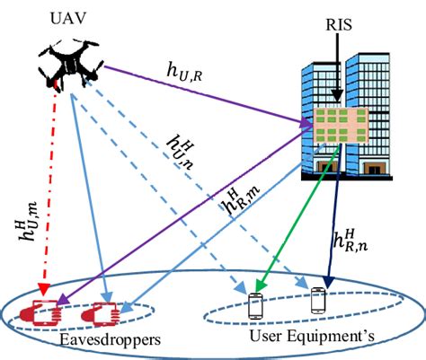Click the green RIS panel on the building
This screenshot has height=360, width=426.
333,128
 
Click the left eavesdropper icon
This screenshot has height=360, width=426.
40,311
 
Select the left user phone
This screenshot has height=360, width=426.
257,306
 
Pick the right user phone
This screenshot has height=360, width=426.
317,300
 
